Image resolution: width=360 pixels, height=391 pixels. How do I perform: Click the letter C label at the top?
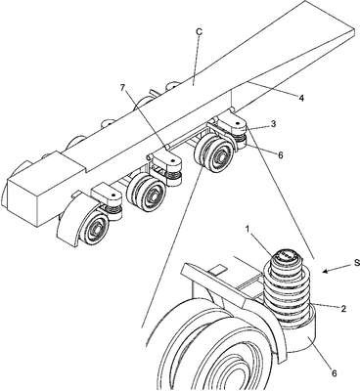click(200, 31)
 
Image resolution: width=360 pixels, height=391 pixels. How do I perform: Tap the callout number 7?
click(122, 88)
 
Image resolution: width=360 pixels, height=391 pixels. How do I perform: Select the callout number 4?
click(301, 98)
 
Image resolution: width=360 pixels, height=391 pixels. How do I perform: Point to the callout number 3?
click(273, 123)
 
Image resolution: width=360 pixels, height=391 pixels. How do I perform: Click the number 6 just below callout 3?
click(280, 155)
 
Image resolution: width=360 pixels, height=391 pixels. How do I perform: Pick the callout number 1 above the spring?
click(248, 229)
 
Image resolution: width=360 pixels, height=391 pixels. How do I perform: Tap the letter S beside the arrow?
click(357, 262)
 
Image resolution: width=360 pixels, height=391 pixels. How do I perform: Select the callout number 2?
click(343, 309)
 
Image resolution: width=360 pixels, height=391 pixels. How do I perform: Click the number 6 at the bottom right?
click(334, 373)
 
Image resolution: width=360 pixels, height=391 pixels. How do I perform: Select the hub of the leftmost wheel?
click(97, 226)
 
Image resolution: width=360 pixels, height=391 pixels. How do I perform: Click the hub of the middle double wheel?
click(152, 195)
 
